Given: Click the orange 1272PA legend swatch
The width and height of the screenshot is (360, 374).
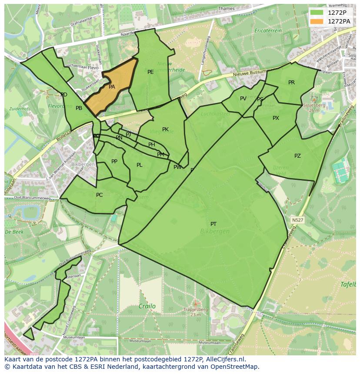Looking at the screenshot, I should (x=317, y=21).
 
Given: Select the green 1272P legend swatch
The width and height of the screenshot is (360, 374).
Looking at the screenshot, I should (x=317, y=13).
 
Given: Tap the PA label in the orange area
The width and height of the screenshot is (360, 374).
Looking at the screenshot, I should (x=112, y=87).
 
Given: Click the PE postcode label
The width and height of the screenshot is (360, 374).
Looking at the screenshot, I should (x=150, y=72).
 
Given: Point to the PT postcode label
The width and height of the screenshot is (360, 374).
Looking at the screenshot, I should (x=213, y=224).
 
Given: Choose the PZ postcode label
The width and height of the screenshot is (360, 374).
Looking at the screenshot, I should (x=297, y=156).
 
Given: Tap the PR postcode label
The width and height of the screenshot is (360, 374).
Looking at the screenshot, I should (x=291, y=83).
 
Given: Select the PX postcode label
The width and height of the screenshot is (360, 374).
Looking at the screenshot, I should (x=276, y=118).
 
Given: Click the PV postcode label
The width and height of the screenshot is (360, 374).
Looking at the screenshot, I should (x=243, y=99).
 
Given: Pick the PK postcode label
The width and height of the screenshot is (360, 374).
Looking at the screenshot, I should (x=165, y=129).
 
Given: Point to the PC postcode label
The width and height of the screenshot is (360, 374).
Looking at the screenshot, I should (x=99, y=195).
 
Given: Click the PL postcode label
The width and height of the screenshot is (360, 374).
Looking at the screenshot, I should (x=139, y=165).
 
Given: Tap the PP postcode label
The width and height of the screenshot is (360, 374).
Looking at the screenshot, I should (x=114, y=162).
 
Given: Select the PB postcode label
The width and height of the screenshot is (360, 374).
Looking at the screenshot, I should (x=79, y=108).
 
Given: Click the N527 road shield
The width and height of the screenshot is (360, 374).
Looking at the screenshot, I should (x=297, y=220).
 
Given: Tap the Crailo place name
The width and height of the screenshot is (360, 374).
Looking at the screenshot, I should (x=147, y=306).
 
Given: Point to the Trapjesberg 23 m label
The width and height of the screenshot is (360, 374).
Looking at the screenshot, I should (x=196, y=312).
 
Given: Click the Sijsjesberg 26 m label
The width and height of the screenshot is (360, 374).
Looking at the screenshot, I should (x=314, y=107).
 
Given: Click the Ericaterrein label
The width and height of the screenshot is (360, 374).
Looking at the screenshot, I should (x=268, y=31).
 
